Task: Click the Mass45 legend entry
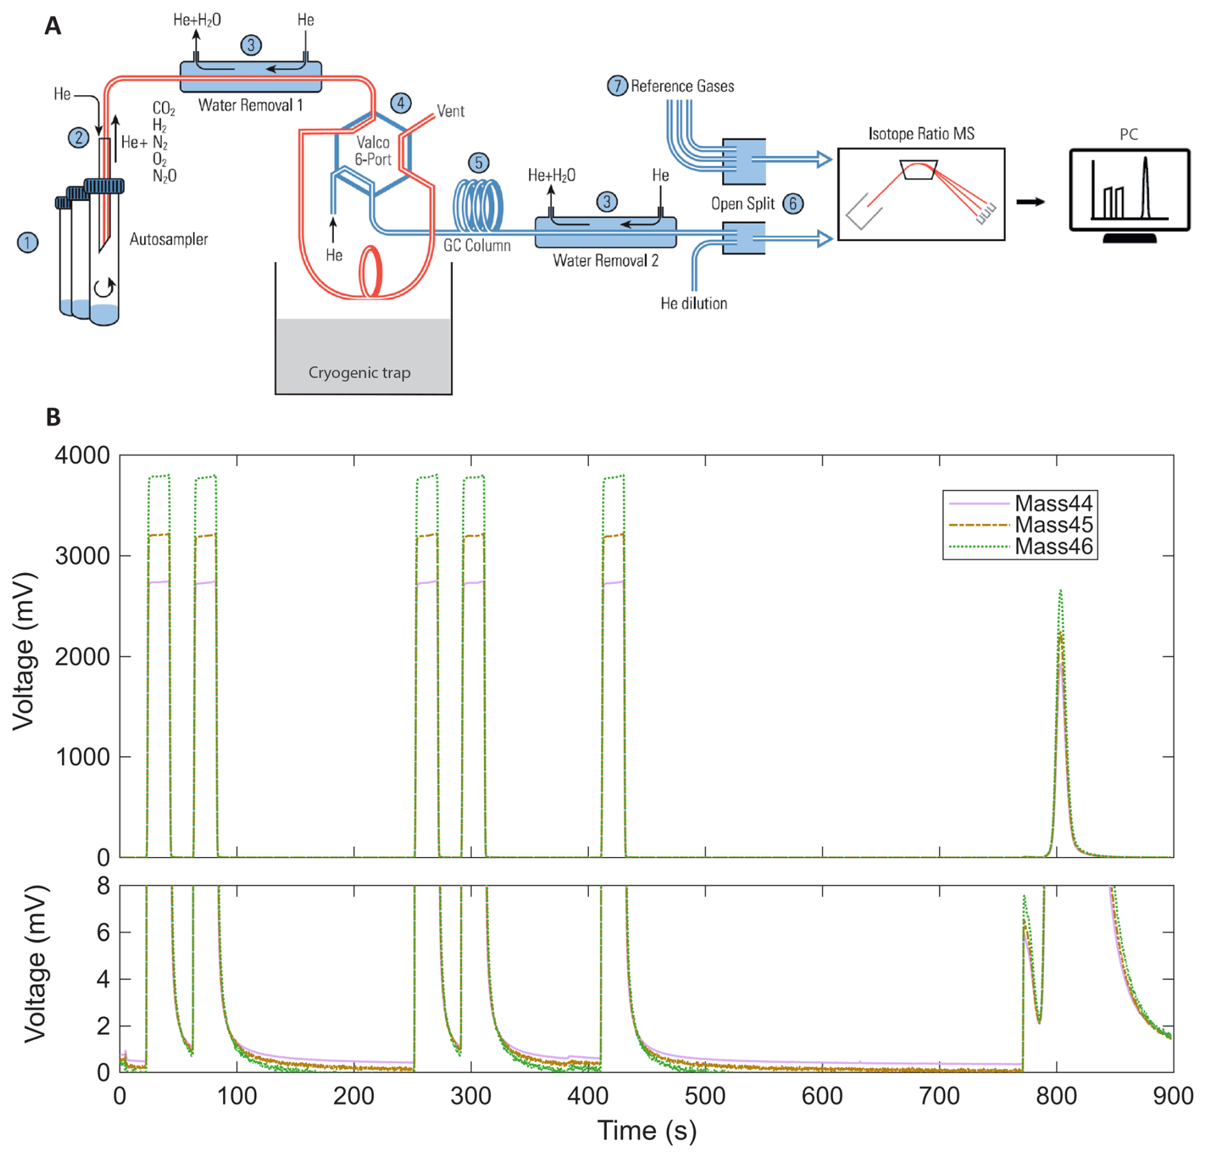1053,525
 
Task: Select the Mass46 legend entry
1053,546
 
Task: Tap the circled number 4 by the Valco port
400,103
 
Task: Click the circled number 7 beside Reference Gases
616,85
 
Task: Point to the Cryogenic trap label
360,372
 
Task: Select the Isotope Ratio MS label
920,134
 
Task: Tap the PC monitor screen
1129,189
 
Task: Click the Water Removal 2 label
605,260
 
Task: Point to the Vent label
450,112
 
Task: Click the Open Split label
743,204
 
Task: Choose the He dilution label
694,304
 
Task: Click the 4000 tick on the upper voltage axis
82,455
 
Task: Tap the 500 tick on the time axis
705,1096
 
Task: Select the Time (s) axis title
646,1130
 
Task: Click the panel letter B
54,417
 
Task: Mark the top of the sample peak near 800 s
1060,590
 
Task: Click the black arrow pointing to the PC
1030,202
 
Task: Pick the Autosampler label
168,240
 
